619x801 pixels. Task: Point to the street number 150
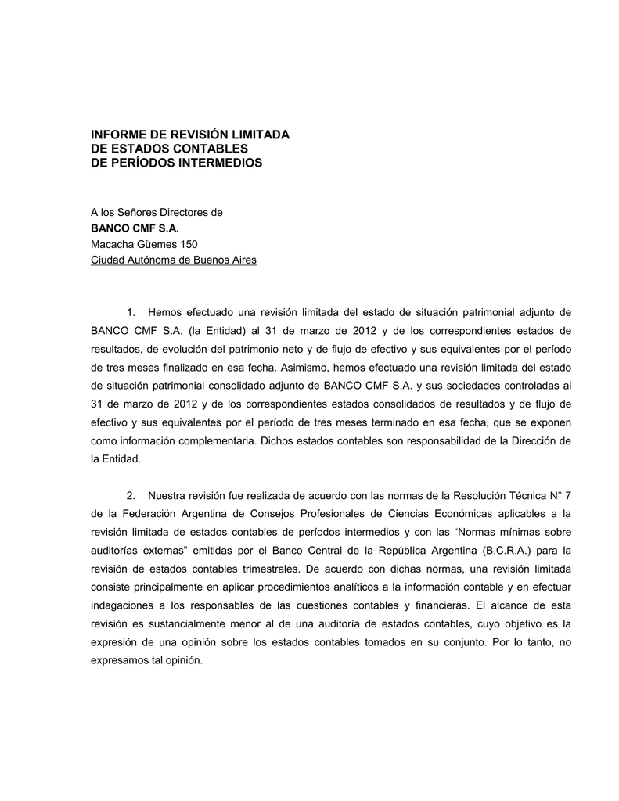[188, 244]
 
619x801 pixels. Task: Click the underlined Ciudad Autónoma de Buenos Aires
[174, 260]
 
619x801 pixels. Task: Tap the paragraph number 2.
[131, 494]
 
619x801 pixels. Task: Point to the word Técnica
[515, 494]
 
